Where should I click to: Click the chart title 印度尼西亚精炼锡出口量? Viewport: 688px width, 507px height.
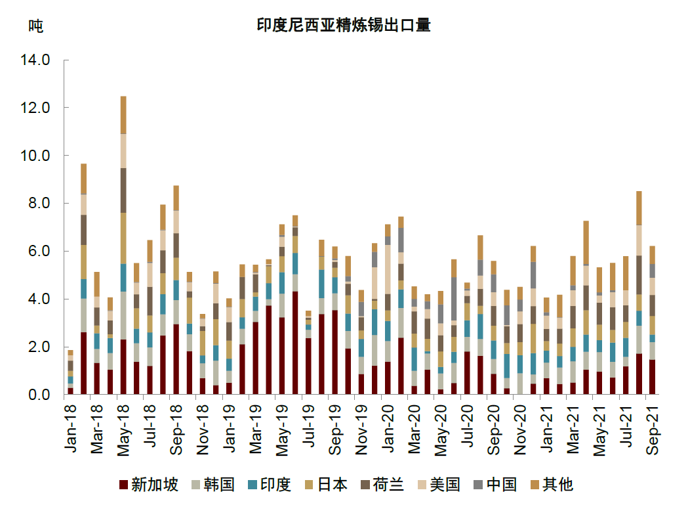tap(343, 26)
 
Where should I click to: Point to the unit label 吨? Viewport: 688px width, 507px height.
tap(35, 26)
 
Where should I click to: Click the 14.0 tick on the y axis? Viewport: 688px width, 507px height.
tap(36, 60)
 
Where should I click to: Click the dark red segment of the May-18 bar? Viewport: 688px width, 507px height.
tap(123, 367)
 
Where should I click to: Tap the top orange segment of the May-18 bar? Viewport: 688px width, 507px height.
tap(123, 115)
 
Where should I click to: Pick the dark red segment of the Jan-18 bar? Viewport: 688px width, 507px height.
tap(70, 391)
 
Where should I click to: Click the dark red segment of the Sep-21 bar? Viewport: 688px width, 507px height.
tap(652, 377)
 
